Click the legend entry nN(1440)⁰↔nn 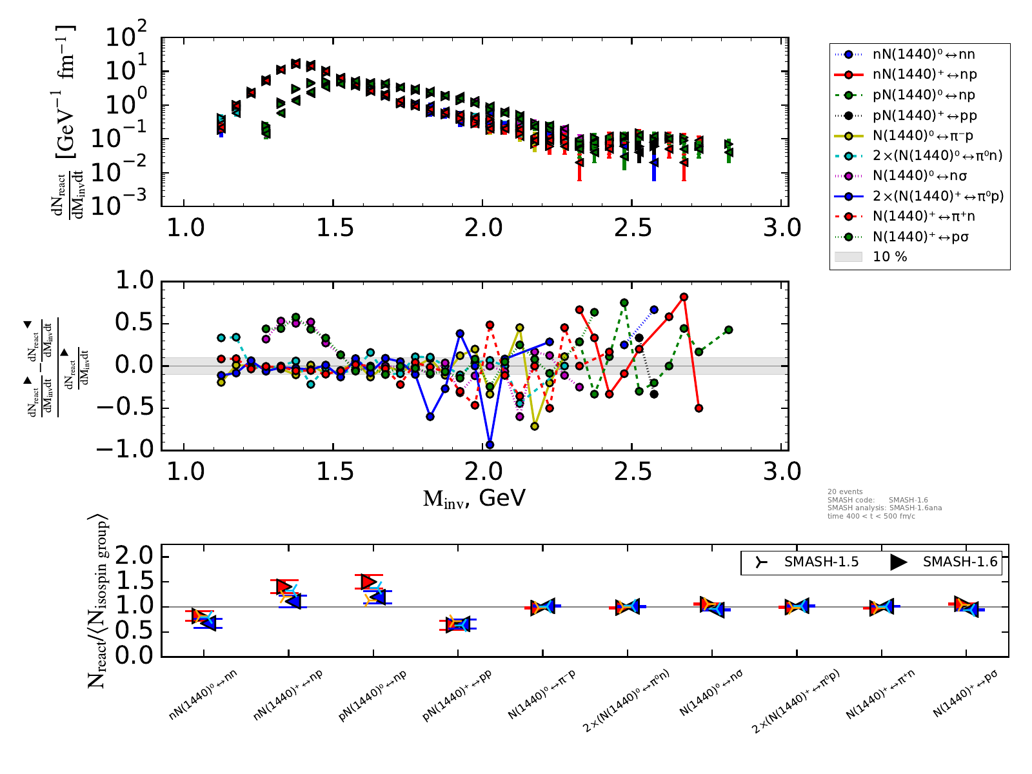pos(919,55)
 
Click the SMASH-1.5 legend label pos(821,562)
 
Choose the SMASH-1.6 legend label pos(960,562)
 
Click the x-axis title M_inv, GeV pos(474,498)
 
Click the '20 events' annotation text pos(845,491)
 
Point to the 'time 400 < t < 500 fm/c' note pos(871,517)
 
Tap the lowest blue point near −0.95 pos(490,444)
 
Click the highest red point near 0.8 pos(684,297)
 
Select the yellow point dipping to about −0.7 pos(535,426)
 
